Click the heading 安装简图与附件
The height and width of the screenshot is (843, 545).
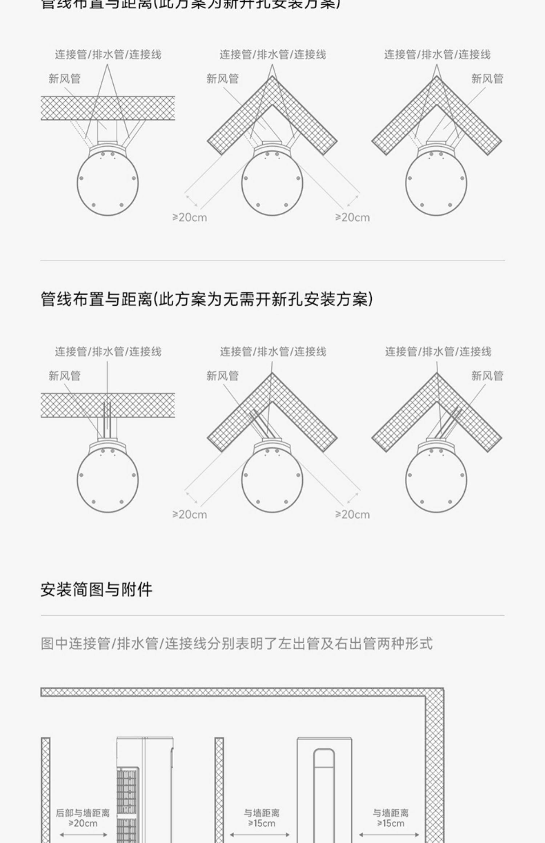tap(96, 589)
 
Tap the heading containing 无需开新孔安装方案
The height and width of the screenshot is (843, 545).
tap(206, 299)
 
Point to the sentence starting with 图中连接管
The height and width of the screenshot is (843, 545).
tap(237, 643)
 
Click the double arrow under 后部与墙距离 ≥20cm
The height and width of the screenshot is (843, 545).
tap(83, 834)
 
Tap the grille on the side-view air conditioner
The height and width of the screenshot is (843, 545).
tap(127, 802)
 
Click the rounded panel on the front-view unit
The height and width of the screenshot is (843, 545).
tap(324, 795)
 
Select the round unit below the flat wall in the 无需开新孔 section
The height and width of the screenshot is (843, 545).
tap(108, 479)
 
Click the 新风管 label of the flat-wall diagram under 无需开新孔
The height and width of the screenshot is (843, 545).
tap(64, 376)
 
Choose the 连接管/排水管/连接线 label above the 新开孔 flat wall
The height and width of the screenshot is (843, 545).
tap(108, 54)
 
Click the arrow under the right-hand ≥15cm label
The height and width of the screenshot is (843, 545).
tap(389, 835)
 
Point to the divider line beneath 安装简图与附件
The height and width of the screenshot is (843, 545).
tap(272, 615)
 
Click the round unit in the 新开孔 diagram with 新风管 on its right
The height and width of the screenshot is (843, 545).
tap(436, 183)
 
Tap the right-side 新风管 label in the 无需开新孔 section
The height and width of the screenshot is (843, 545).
tap(487, 376)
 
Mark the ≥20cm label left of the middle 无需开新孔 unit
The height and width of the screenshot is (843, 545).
tap(190, 514)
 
